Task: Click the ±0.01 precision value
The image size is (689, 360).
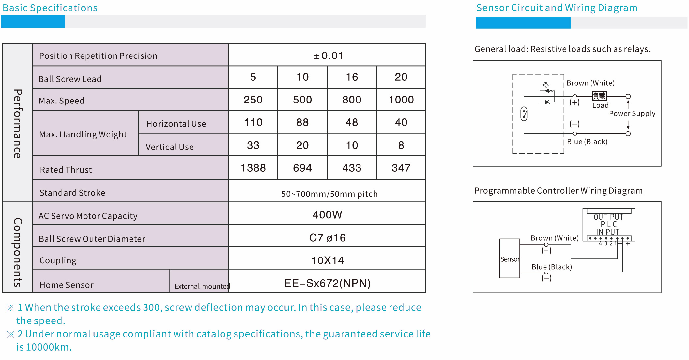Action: point(328,56)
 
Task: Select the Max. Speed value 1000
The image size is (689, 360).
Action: point(401,100)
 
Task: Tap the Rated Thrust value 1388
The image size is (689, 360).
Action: point(253,168)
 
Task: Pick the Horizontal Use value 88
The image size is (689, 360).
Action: point(302,123)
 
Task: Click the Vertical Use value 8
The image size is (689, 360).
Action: point(401,145)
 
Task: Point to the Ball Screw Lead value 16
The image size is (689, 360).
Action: point(352,77)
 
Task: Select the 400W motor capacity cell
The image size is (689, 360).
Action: point(328,215)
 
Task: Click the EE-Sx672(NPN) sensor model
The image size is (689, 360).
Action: point(328,283)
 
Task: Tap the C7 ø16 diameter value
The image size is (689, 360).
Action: point(328,238)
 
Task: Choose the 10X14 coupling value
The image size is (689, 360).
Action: point(328,260)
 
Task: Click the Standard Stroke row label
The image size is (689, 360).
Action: point(72,193)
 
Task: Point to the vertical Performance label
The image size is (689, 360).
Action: point(18,124)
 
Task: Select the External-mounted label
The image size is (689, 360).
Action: point(202,286)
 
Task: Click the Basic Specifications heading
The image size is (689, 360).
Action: point(50,8)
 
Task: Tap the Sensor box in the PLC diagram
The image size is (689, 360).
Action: point(510,258)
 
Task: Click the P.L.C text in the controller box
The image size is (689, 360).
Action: point(609,224)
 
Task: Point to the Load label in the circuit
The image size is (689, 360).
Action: point(601,105)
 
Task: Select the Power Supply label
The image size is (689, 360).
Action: point(632,114)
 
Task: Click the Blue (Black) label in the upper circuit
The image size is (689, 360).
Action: point(587,142)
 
